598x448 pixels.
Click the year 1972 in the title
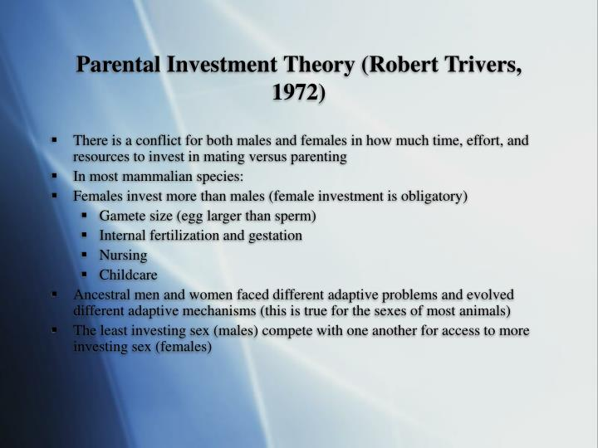pyautogui.click(x=295, y=92)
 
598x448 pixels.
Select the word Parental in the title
pyautogui.click(x=118, y=64)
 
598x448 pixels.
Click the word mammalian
pyautogui.click(x=158, y=177)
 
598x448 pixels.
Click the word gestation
pyautogui.click(x=276, y=236)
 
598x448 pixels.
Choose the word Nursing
pyautogui.click(x=123, y=256)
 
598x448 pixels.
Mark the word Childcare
pyautogui.click(x=128, y=275)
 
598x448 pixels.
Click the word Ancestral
pyautogui.click(x=99, y=295)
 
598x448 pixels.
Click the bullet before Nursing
pyautogui.click(x=84, y=254)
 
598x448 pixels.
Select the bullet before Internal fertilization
pyautogui.click(x=84, y=235)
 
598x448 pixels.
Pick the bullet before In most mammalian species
pyautogui.click(x=54, y=176)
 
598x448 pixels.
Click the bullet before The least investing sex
pyautogui.click(x=54, y=329)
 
